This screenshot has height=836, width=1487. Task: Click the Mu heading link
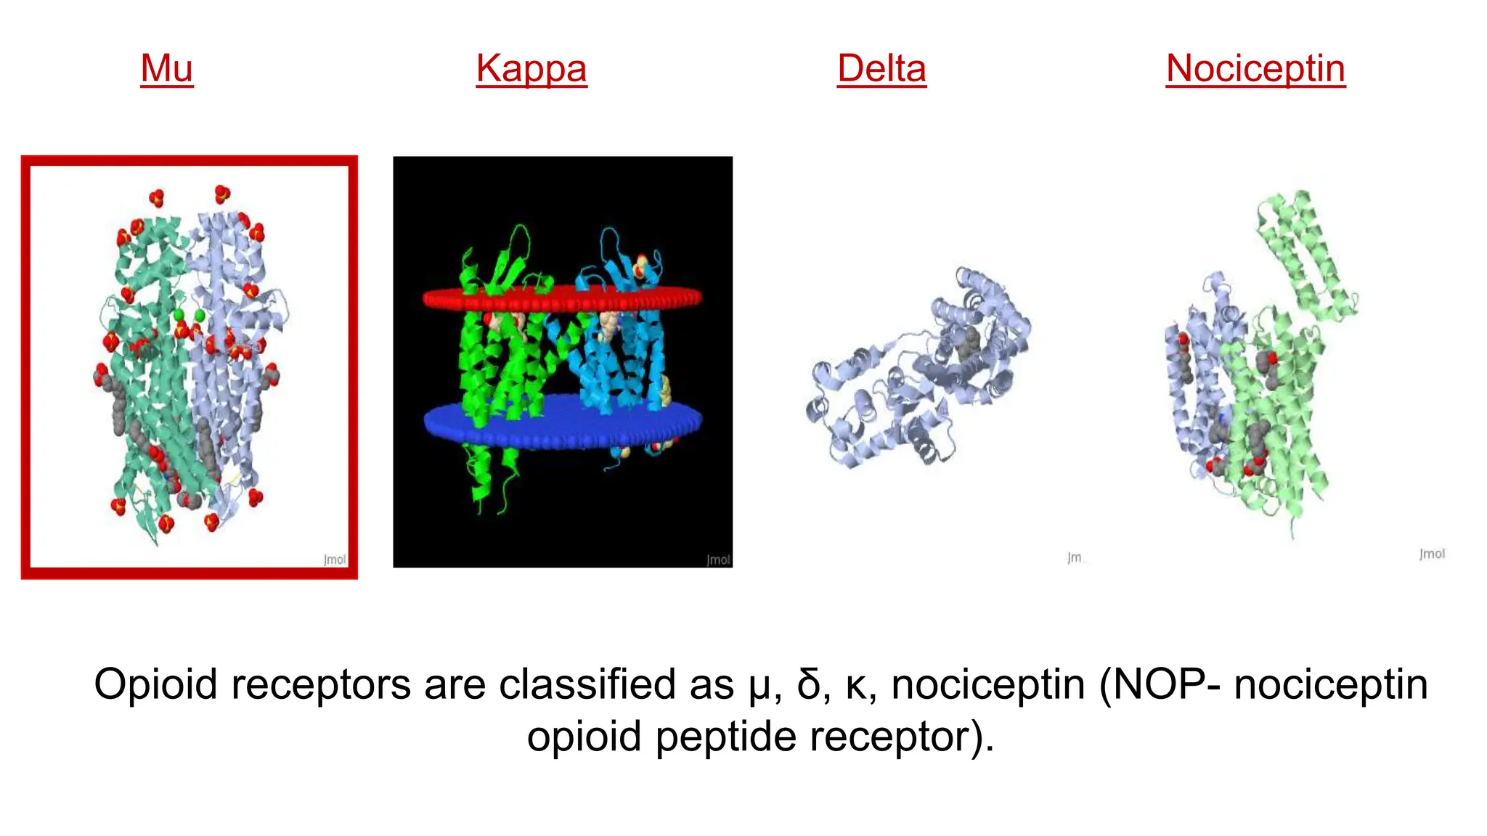pyautogui.click(x=167, y=69)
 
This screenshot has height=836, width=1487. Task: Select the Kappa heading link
pyautogui.click(x=531, y=69)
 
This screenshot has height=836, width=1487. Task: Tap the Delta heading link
pyautogui.click(x=881, y=69)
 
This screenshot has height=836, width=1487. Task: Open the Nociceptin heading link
pyautogui.click(x=1255, y=69)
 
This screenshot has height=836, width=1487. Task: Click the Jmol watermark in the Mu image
pyautogui.click(x=335, y=560)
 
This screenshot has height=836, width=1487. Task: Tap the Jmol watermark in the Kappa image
pyautogui.click(x=718, y=560)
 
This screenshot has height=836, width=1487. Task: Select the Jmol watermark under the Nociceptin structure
pyautogui.click(x=1432, y=554)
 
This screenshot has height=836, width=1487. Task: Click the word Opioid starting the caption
pyautogui.click(x=155, y=684)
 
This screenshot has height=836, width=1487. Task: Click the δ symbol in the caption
pyautogui.click(x=808, y=684)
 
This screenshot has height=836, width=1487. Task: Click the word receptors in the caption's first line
pyautogui.click(x=320, y=684)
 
